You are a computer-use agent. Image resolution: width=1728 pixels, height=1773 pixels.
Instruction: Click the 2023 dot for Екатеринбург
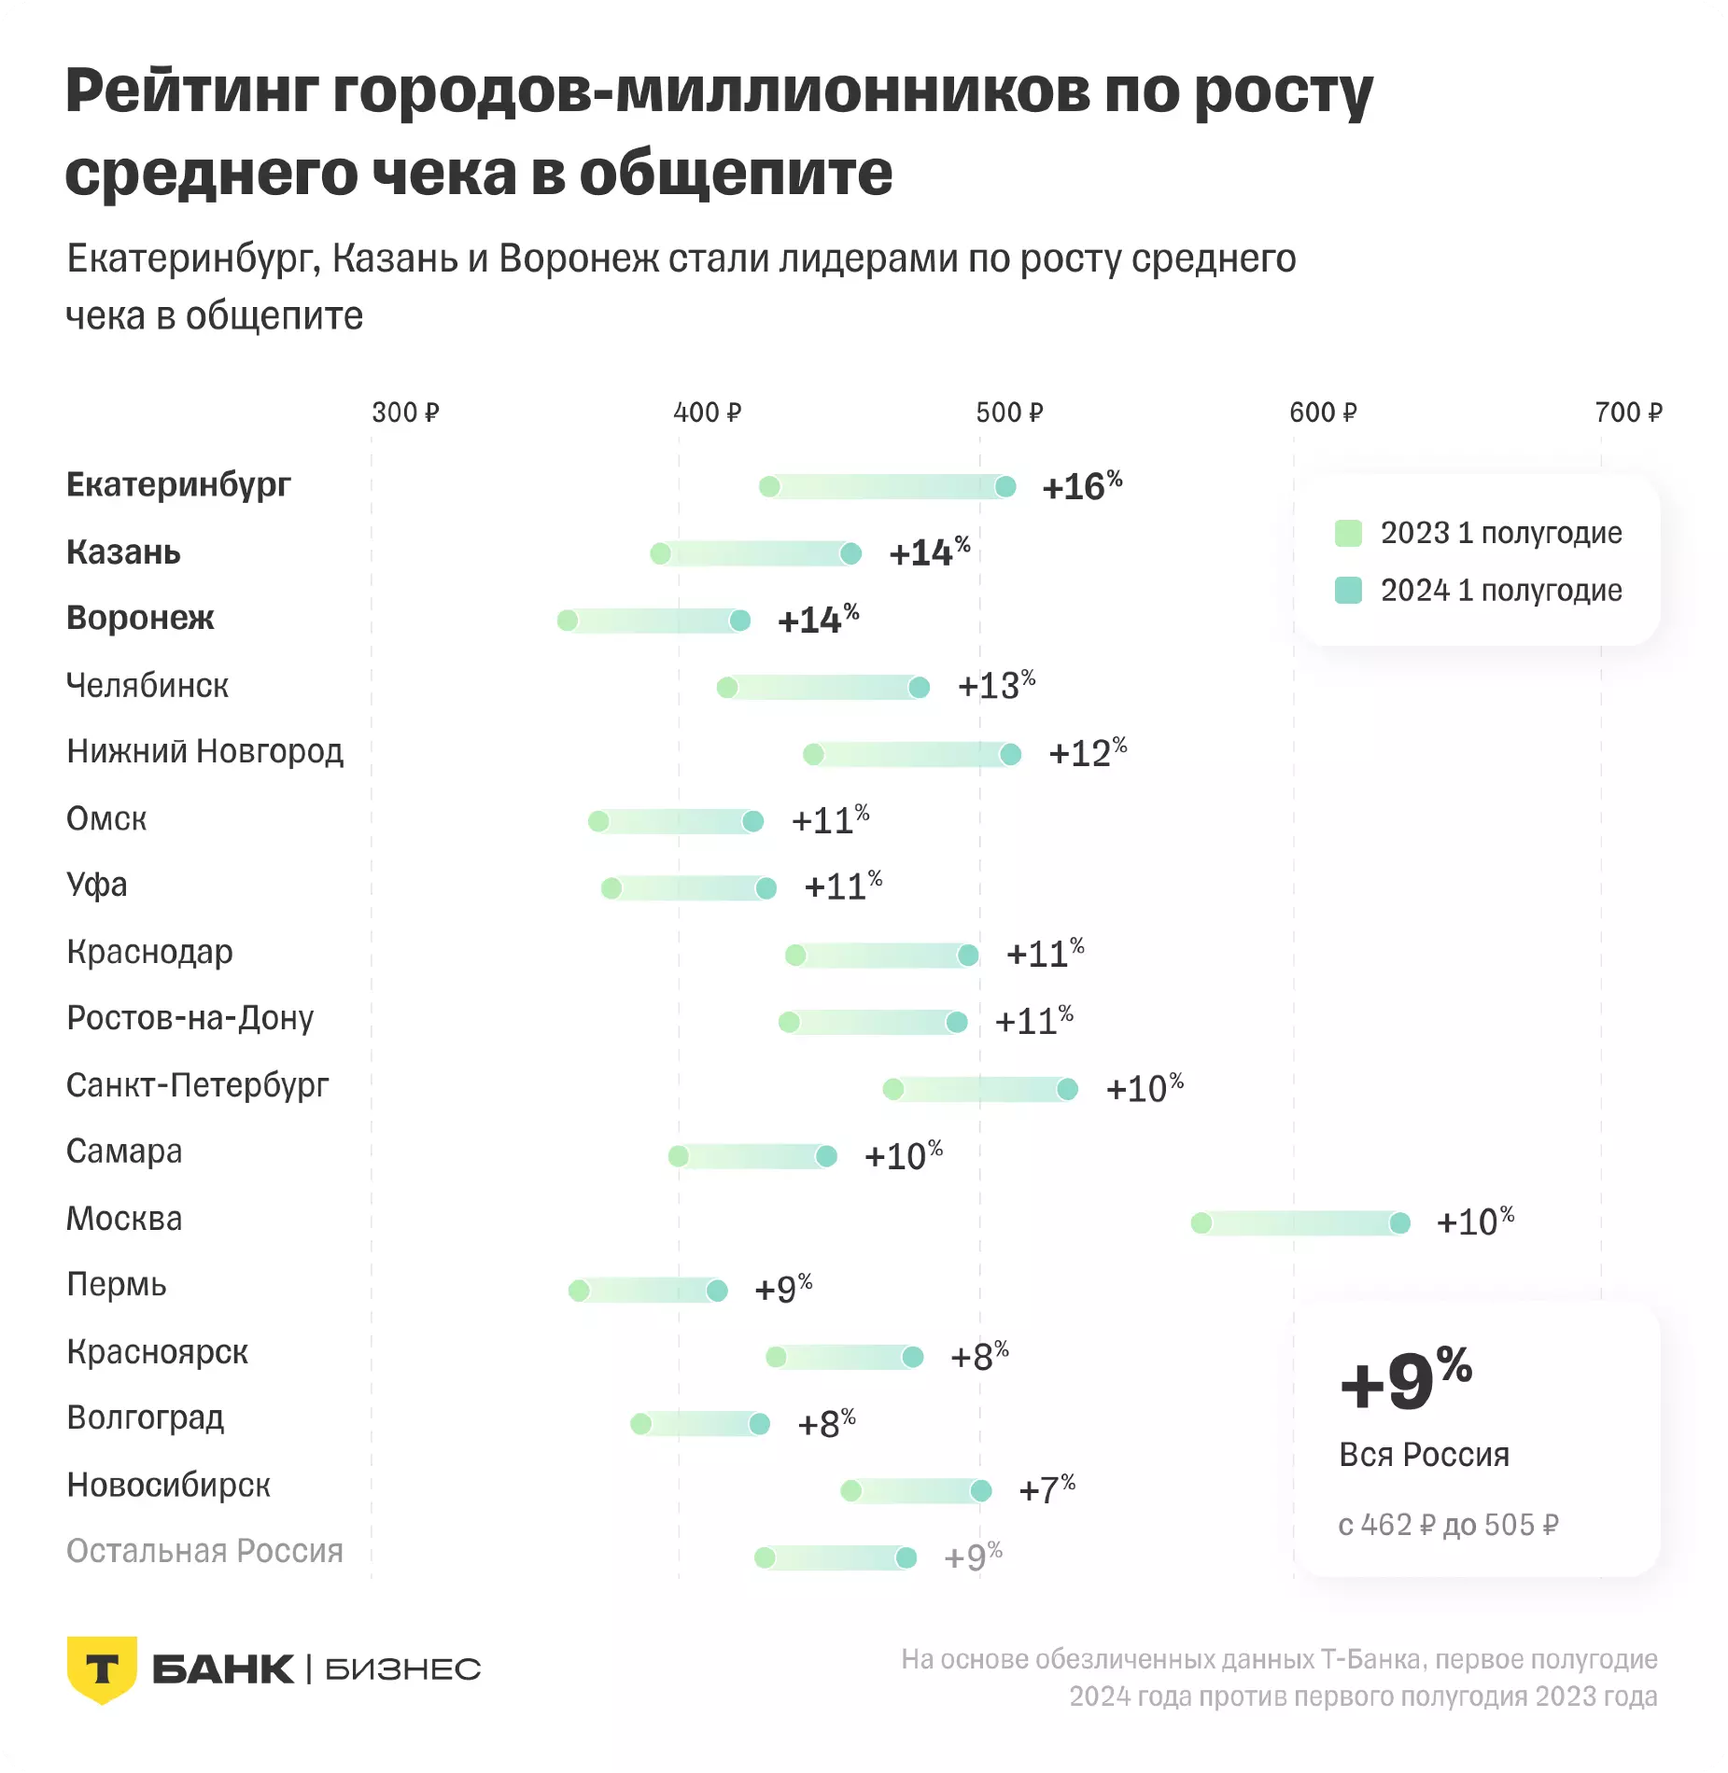[769, 486]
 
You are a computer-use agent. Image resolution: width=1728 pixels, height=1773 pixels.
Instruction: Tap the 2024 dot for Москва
[1399, 1223]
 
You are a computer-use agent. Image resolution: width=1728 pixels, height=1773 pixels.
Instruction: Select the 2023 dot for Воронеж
[568, 621]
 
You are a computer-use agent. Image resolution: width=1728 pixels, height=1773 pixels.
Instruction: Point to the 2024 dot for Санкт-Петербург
[1067, 1089]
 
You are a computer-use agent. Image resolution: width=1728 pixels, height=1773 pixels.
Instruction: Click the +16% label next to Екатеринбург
[1081, 486]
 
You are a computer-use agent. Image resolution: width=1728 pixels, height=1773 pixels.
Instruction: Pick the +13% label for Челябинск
[996, 686]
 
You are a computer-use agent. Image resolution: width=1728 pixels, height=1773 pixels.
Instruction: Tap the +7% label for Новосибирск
[1047, 1489]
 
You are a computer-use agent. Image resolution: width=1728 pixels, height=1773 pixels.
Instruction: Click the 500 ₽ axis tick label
[1009, 412]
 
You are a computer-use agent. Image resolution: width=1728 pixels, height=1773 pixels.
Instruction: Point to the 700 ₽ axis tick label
[1628, 412]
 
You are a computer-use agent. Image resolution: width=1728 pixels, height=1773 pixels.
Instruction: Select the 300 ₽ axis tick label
[405, 412]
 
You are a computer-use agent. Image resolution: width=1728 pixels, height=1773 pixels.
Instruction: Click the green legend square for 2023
[1348, 533]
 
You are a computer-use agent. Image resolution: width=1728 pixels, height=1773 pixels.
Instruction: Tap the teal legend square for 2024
[1348, 590]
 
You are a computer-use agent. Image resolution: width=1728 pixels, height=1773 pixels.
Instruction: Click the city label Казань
[123, 552]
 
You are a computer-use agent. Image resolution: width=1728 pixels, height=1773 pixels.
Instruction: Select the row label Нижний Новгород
[204, 751]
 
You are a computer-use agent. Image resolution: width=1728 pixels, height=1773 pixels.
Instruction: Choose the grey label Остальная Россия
[204, 1551]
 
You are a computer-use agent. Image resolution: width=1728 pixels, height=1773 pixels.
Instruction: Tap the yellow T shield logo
[102, 1668]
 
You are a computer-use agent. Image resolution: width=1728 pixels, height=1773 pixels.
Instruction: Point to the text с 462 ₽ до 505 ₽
[1448, 1525]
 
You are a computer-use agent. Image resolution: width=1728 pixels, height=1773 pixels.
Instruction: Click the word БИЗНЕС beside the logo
[402, 1669]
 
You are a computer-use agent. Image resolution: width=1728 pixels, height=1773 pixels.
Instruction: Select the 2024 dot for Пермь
[717, 1291]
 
